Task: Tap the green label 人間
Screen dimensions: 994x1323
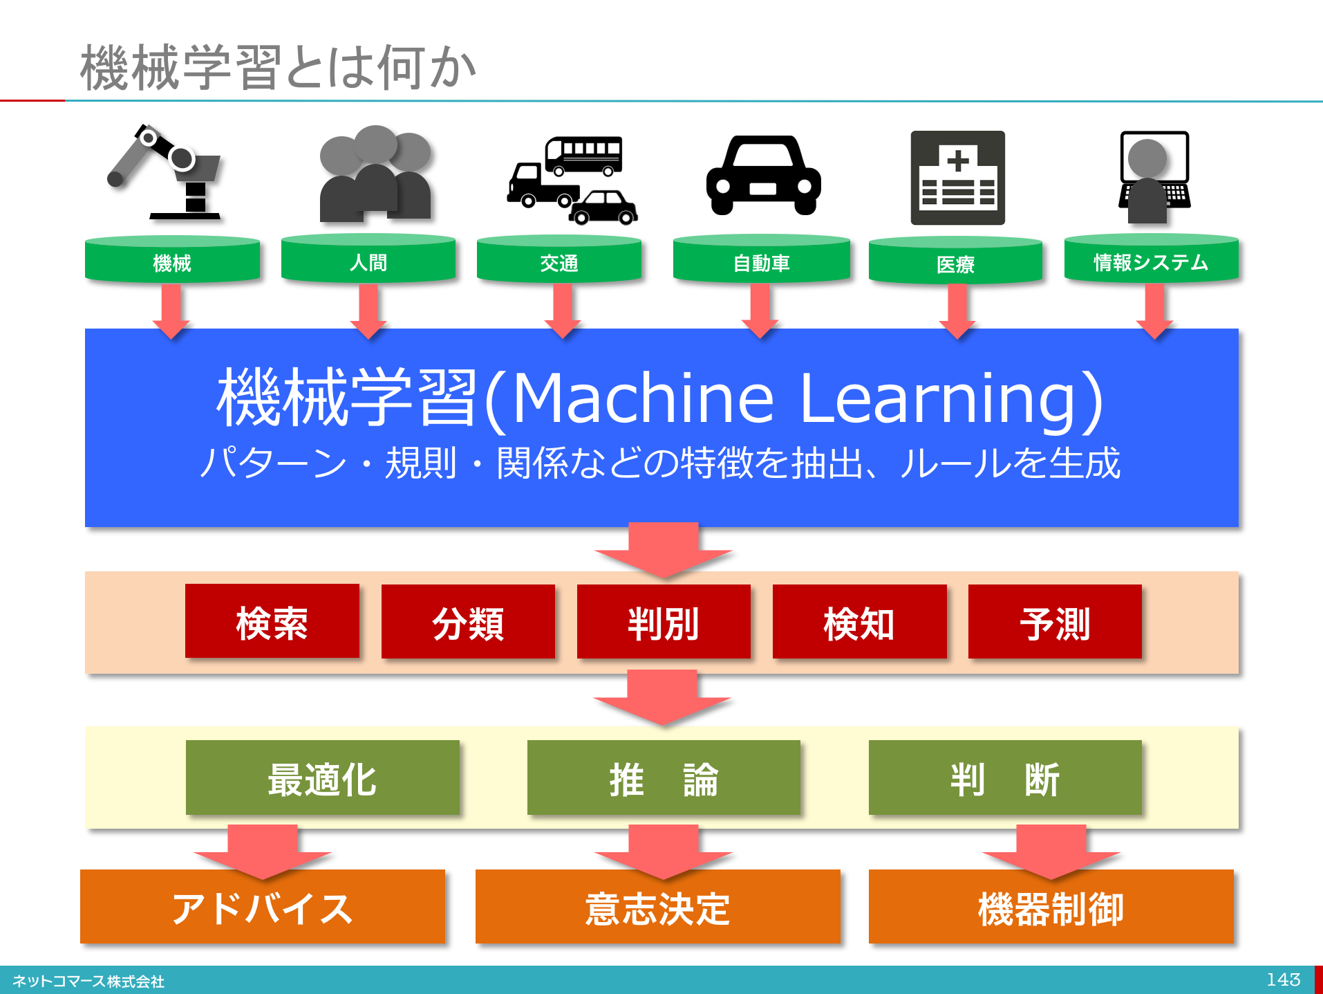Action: [x=368, y=262]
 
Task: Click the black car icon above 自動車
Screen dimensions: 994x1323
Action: [x=763, y=176]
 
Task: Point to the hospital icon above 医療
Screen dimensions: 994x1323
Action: [x=957, y=178]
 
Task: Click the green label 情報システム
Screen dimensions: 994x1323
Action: [x=1151, y=262]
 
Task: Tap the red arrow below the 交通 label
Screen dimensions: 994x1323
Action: [x=562, y=309]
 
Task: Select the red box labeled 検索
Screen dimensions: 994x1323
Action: [x=272, y=622]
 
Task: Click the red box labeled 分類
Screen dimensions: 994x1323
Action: [x=468, y=622]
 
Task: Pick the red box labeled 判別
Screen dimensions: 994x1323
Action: [x=664, y=622]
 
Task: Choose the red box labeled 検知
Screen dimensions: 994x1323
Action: [x=859, y=622]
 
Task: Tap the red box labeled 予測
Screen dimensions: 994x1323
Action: [x=1055, y=622]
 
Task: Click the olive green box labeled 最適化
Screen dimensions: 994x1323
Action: [x=322, y=778]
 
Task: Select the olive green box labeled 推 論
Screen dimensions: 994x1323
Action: [x=664, y=778]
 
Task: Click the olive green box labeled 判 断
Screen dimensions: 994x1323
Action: [x=1005, y=778]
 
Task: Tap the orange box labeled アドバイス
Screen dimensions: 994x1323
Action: [x=262, y=908]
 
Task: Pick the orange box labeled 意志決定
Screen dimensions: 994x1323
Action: [x=657, y=908]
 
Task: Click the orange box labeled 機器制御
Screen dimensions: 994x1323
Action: [x=1051, y=908]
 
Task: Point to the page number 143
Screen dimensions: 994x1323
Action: [x=1283, y=979]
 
